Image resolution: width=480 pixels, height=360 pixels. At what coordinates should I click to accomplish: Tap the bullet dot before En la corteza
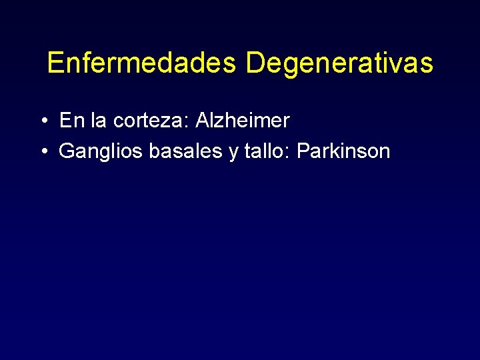(x=42, y=121)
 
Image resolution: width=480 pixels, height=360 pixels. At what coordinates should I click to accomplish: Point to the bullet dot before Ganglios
(x=42, y=152)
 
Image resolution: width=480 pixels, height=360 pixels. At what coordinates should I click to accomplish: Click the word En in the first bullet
(x=69, y=121)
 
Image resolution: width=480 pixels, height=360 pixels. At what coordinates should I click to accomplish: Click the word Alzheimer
(x=242, y=121)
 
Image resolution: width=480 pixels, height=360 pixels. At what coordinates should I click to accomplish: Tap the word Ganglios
(x=101, y=152)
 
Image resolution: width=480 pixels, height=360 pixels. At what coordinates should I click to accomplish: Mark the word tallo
(x=265, y=151)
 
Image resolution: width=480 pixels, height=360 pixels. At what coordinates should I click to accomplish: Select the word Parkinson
(x=343, y=151)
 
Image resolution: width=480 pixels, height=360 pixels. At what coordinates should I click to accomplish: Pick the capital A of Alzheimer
(x=202, y=121)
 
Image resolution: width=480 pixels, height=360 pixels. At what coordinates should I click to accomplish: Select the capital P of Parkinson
(x=303, y=151)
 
